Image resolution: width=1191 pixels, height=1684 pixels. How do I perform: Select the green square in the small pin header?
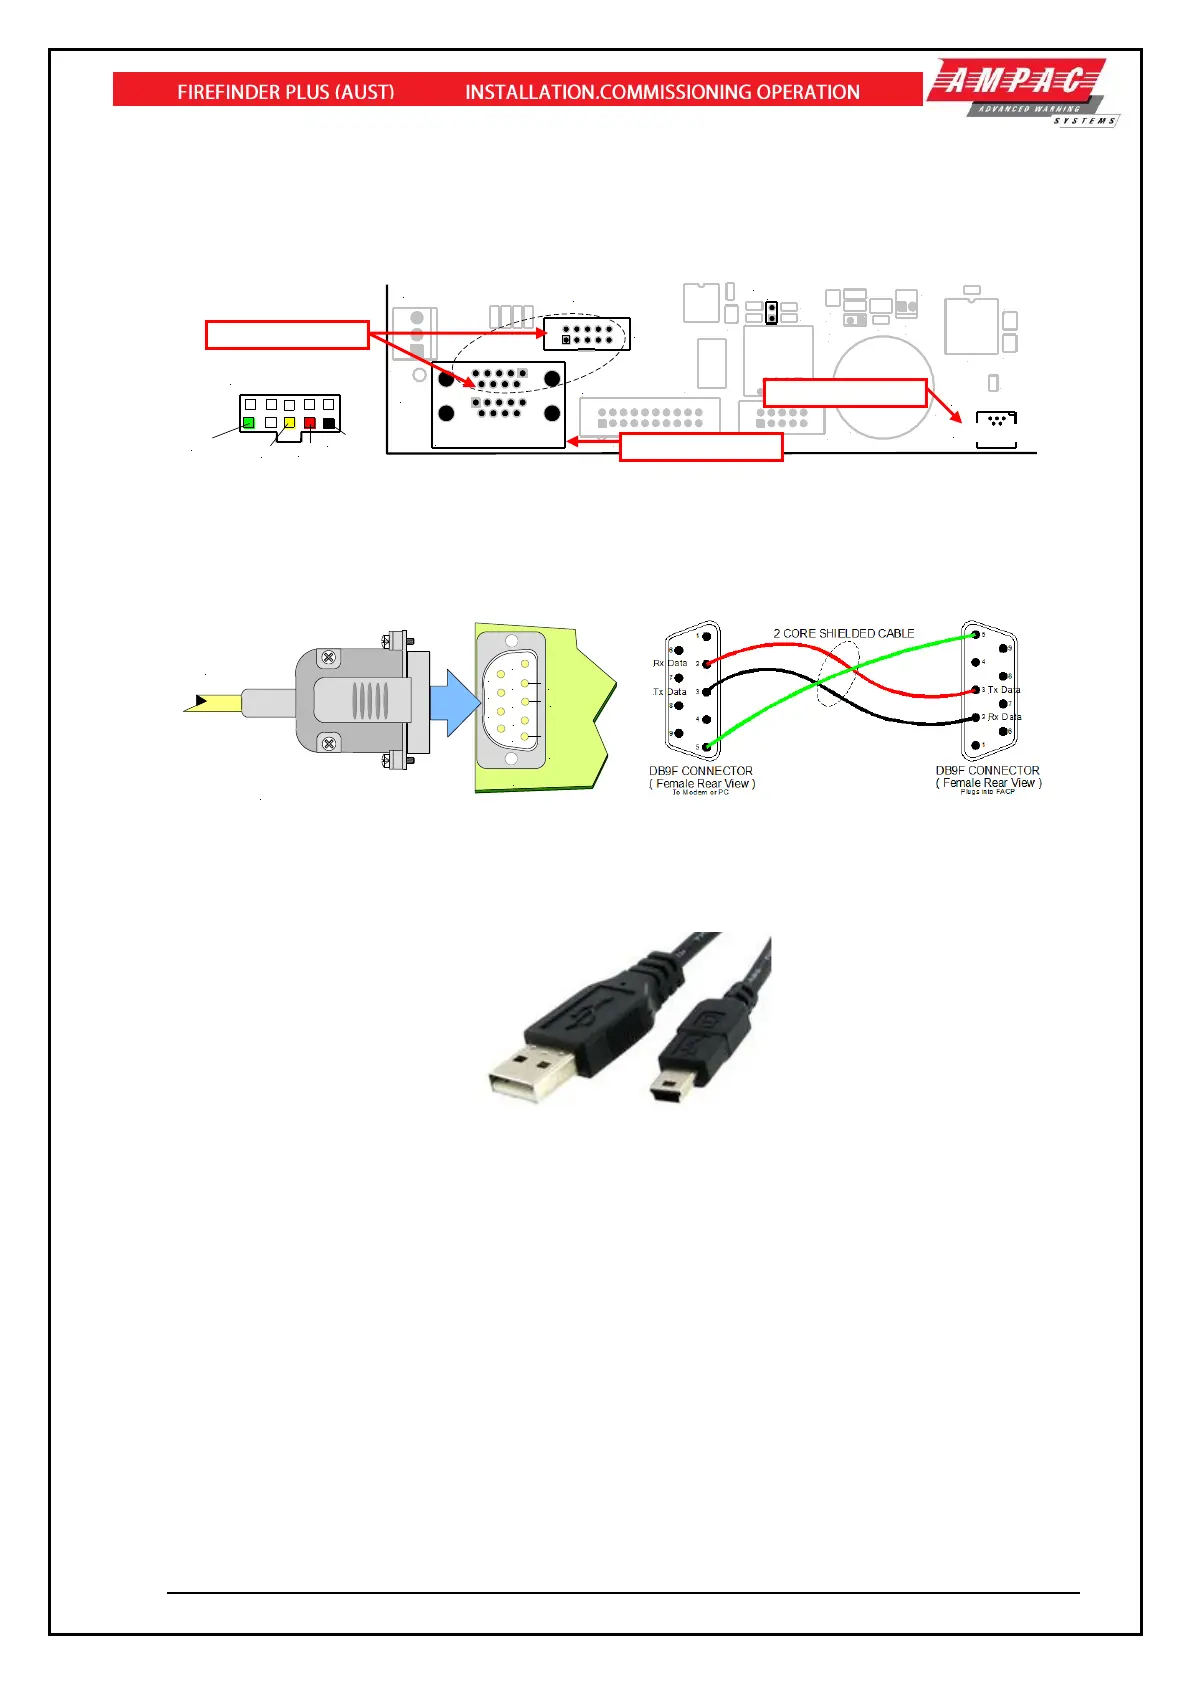tap(249, 423)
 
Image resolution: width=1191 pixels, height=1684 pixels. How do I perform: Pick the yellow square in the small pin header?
tap(289, 423)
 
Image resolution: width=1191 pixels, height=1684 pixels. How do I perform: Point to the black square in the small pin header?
tap(329, 423)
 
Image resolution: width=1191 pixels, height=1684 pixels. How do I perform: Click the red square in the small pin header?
tap(309, 423)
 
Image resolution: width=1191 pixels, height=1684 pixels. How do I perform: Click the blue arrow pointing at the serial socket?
tap(457, 702)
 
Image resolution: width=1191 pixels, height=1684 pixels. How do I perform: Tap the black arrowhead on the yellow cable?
tap(201, 701)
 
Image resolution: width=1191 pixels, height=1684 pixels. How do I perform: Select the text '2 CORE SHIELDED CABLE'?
tap(843, 633)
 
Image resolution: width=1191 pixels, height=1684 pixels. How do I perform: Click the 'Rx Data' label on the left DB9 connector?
tap(670, 663)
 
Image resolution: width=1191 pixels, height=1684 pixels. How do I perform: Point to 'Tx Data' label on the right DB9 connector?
tap(1004, 690)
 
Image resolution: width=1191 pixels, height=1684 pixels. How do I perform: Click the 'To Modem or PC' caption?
tap(700, 792)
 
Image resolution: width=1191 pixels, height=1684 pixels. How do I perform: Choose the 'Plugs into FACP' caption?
tap(987, 791)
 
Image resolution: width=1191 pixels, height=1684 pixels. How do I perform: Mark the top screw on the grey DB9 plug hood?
tap(328, 658)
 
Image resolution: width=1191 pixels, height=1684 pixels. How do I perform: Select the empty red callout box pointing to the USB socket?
tap(845, 392)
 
